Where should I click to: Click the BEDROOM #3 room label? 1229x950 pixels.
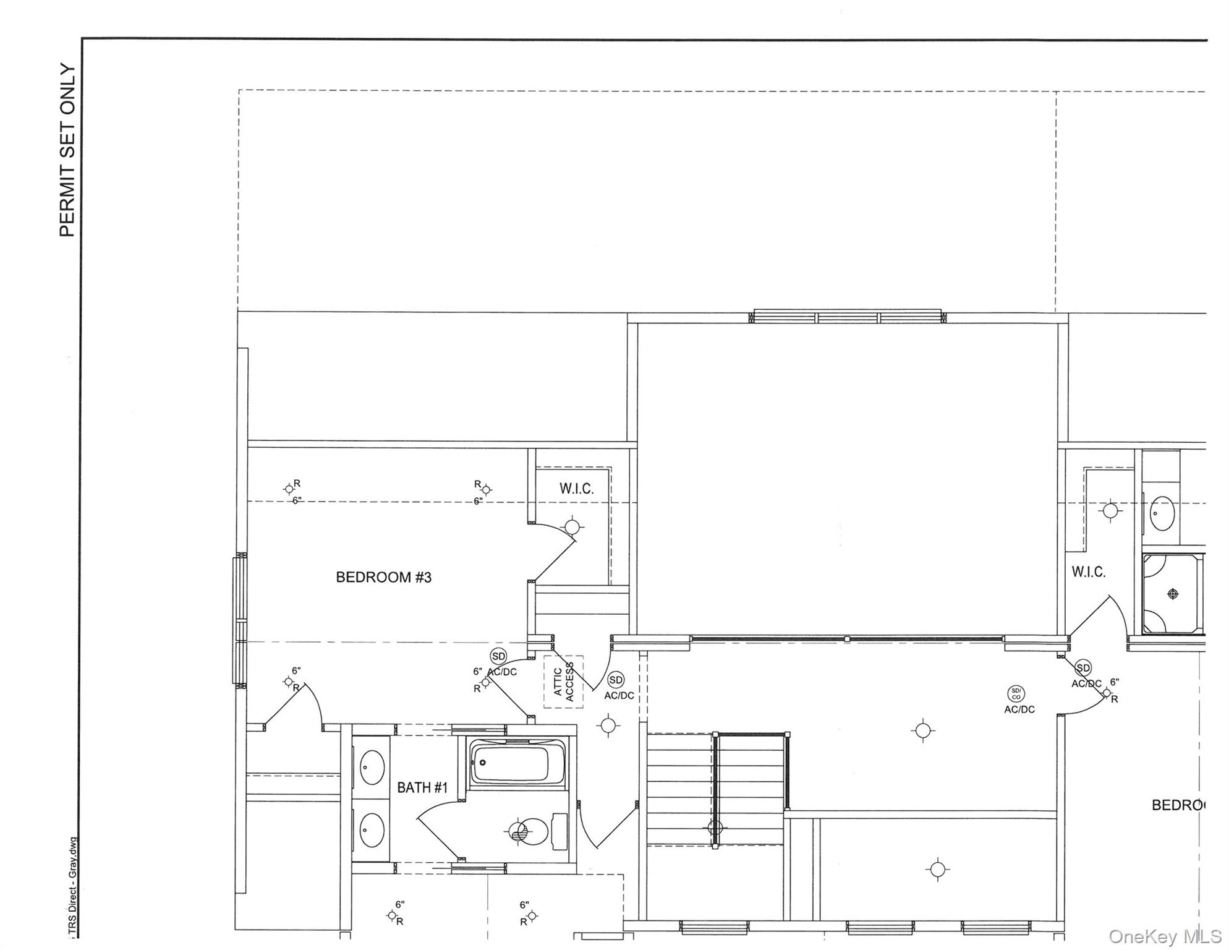pos(383,578)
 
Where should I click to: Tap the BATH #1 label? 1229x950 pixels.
pos(422,787)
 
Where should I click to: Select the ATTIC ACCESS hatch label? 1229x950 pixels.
pos(563,682)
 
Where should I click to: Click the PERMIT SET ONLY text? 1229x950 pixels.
pos(67,150)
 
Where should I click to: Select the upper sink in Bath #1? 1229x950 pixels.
pos(372,767)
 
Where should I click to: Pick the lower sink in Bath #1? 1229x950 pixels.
pos(372,829)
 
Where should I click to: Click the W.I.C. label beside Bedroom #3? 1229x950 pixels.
pos(576,489)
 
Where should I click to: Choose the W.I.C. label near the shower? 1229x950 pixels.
pos(1088,572)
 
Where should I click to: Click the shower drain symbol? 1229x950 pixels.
pos(1173,594)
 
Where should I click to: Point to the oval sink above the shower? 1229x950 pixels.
pos(1162,513)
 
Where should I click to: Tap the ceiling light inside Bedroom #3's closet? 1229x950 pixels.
pos(572,527)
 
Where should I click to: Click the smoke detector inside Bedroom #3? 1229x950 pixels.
pos(498,656)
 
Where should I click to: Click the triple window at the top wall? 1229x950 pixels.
pos(847,317)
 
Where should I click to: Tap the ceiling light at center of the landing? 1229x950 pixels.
pos(923,730)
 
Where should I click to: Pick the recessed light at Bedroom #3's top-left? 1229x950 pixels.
pos(289,489)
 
